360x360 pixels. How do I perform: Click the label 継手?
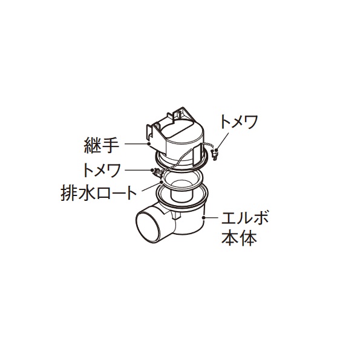pyautogui.click(x=102, y=145)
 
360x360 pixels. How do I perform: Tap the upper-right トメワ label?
pyautogui.click(x=239, y=122)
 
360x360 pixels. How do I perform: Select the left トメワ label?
pyautogui.click(x=102, y=171)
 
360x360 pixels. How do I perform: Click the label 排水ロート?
pyautogui.click(x=99, y=193)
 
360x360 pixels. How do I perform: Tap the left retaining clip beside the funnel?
pyautogui.click(x=157, y=173)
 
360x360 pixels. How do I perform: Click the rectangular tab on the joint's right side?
pyautogui.click(x=197, y=155)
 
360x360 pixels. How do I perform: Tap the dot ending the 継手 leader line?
pyautogui.click(x=149, y=144)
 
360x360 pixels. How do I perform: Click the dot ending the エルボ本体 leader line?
pyautogui.click(x=203, y=217)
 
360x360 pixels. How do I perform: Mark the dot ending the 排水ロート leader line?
pyautogui.click(x=162, y=182)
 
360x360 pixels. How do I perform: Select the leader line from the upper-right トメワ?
pyautogui.click(x=222, y=140)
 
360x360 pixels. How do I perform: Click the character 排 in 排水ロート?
pyautogui.click(x=68, y=194)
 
